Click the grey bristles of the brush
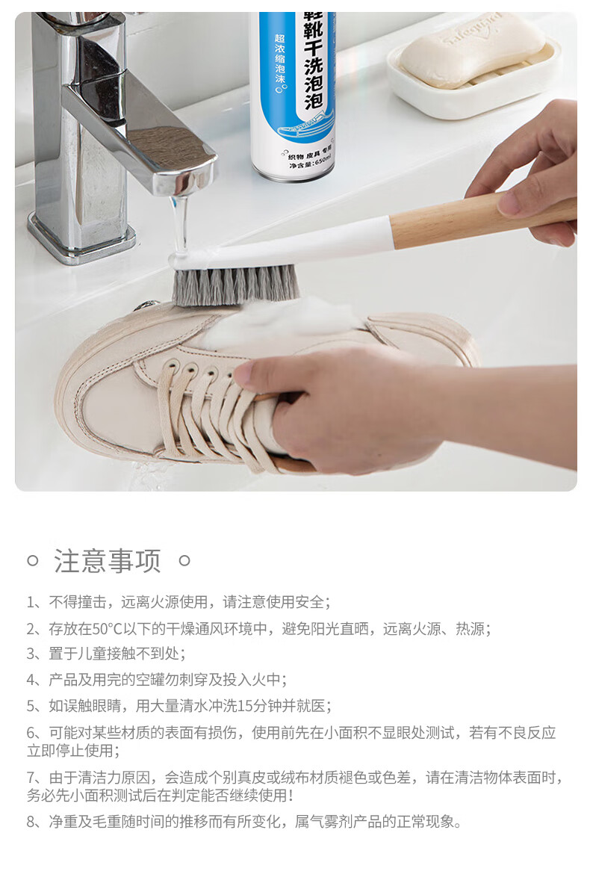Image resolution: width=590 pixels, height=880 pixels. (x=235, y=285)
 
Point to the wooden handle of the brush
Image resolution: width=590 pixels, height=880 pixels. (x=482, y=218)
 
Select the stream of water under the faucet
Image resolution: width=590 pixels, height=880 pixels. (x=181, y=225)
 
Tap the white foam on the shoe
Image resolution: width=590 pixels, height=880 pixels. (x=280, y=328)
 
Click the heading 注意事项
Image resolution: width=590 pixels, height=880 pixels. (x=108, y=561)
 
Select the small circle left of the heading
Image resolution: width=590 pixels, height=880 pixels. (x=33, y=560)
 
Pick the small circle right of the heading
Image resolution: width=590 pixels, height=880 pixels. (x=184, y=560)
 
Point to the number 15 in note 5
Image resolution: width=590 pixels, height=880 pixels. (x=246, y=706)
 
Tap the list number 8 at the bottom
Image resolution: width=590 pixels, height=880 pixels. (x=31, y=822)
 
